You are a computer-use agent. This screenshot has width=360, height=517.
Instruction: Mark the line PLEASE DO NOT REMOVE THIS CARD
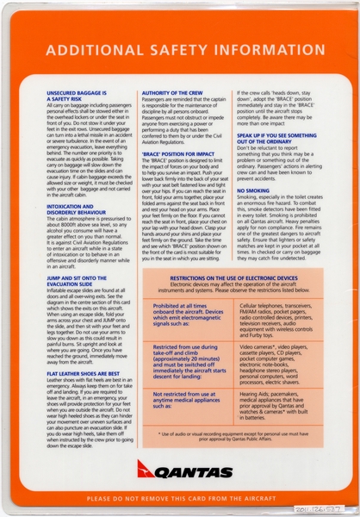tap(179, 499)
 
